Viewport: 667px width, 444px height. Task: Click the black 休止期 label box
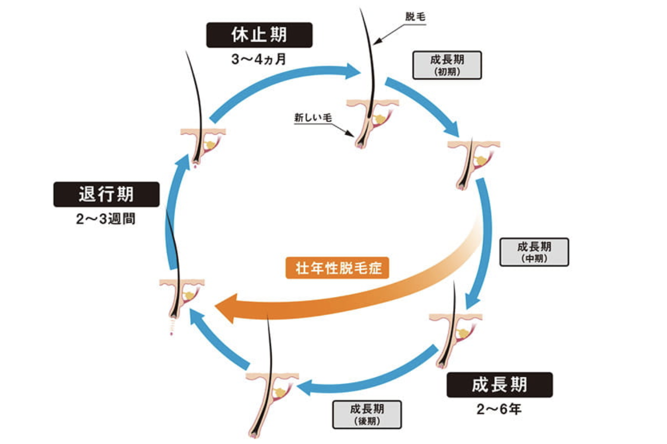[259, 35]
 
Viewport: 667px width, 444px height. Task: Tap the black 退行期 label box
[106, 195]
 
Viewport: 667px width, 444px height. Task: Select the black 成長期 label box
[499, 385]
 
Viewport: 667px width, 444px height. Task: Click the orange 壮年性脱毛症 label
[337, 268]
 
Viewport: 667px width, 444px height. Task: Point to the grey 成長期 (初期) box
[447, 65]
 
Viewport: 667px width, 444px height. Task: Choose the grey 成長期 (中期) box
[534, 252]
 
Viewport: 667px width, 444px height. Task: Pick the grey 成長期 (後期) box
[367, 415]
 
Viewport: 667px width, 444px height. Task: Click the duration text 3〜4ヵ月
[259, 59]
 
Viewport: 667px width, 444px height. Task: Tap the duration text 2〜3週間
[106, 219]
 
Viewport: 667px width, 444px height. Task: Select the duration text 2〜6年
[499, 409]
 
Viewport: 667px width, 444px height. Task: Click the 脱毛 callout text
[415, 17]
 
